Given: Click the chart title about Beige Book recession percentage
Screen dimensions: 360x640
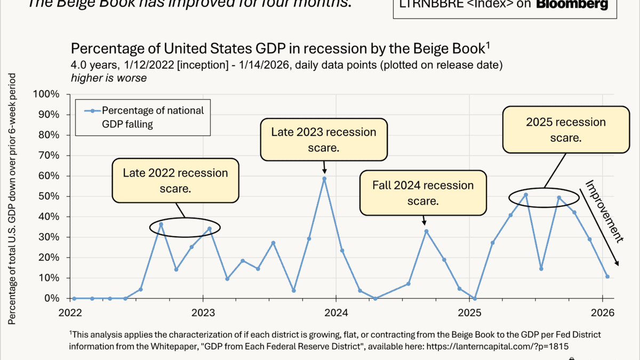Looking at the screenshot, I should [280, 49].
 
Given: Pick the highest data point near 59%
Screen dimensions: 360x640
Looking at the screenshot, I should [324, 179].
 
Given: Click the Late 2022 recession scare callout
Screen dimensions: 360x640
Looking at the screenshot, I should [175, 180].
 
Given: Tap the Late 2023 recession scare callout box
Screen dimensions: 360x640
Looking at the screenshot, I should [324, 139].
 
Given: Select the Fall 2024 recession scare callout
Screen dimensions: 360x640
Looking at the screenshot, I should [423, 193].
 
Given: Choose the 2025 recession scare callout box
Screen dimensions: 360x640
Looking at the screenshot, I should [565, 130].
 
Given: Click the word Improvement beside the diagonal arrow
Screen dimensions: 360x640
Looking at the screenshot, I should [604, 211].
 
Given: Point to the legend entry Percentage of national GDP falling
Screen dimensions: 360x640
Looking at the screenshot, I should [153, 117].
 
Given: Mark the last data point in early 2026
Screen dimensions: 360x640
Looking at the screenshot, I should [607, 277].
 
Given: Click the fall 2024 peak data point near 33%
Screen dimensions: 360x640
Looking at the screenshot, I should [426, 231].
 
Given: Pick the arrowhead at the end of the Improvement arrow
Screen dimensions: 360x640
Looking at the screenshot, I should [617, 263].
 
